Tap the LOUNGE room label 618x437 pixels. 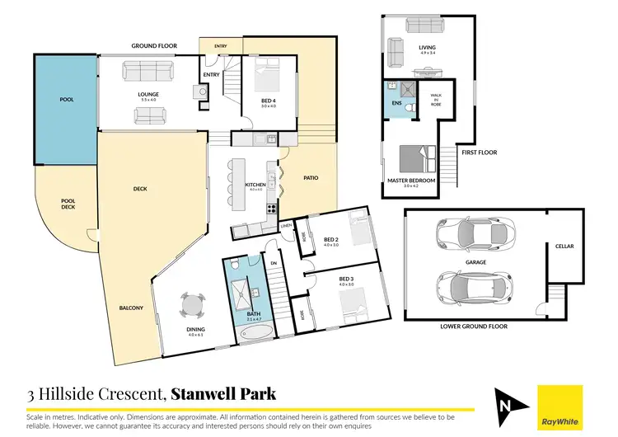coord(147,94)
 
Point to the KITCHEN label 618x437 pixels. coord(255,186)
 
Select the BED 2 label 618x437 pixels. coord(331,239)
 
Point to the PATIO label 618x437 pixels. coord(311,177)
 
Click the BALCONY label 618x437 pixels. coord(131,308)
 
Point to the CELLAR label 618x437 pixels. coord(564,246)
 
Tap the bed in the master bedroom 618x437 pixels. coord(410,157)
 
